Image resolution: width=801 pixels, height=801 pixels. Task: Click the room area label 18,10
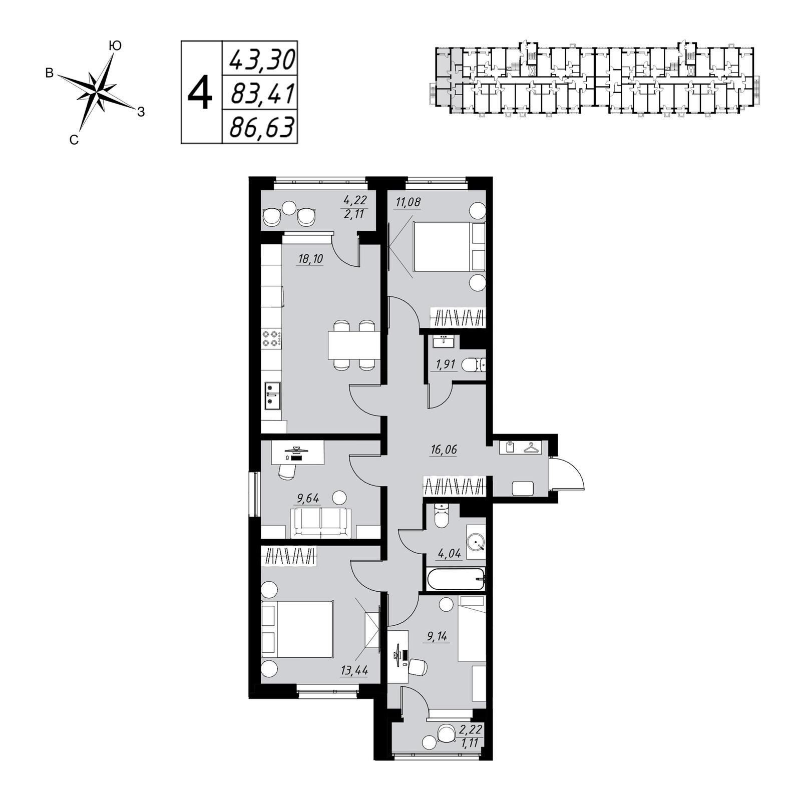coord(310,259)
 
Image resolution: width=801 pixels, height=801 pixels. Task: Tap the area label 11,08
coord(408,202)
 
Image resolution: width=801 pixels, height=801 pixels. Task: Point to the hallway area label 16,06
coord(444,450)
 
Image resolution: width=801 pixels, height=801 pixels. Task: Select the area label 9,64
coord(308,498)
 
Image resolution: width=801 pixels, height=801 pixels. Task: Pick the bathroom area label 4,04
coord(449,554)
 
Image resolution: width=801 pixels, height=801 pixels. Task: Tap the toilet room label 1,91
coord(446,364)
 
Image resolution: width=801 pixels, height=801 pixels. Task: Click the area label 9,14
coord(437,636)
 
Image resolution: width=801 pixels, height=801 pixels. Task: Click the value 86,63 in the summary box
coord(260,127)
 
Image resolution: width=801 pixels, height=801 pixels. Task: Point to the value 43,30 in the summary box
coord(262,59)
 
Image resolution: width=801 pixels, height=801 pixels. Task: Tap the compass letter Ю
coord(115,46)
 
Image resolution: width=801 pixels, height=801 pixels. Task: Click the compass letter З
coord(141,113)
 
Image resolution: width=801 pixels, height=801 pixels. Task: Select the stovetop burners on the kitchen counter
coord(271,338)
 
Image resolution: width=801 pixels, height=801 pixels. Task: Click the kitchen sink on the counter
coord(272,395)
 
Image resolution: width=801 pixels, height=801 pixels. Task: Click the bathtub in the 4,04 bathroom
coord(456,579)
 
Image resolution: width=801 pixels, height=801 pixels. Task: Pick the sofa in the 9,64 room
coord(321,522)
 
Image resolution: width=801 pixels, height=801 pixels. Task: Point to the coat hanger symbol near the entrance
coord(531,448)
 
